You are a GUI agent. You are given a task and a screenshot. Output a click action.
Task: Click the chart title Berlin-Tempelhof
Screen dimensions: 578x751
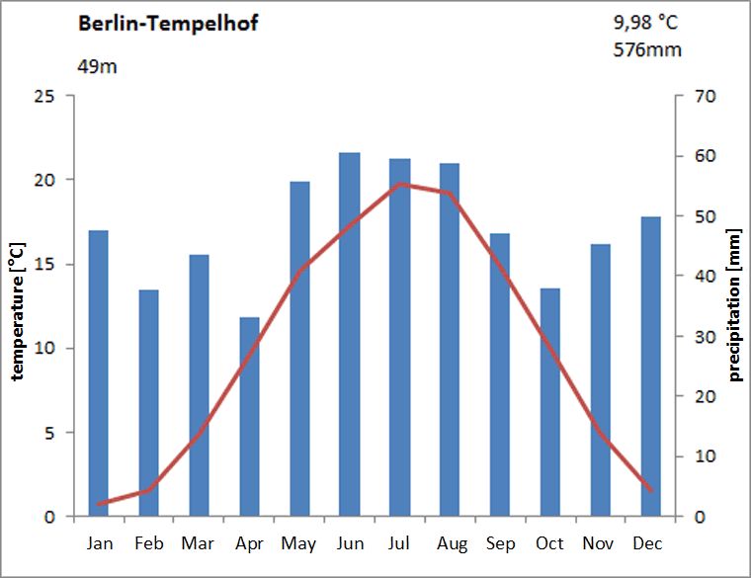point(168,24)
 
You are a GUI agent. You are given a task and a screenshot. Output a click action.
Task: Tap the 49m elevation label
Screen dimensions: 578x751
point(99,67)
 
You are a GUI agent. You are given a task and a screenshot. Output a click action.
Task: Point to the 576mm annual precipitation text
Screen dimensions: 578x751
point(647,49)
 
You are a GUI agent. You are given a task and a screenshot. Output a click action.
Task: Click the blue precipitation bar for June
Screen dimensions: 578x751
point(350,336)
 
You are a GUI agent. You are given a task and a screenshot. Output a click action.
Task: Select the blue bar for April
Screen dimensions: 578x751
point(249,417)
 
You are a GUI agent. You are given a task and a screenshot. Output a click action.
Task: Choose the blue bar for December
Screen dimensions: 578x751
point(651,367)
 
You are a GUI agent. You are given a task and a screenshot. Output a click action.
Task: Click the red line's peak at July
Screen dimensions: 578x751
point(399,184)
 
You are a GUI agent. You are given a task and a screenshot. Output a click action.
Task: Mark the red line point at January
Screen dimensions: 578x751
point(99,504)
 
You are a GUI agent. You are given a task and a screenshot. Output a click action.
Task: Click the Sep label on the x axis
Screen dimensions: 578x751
point(500,543)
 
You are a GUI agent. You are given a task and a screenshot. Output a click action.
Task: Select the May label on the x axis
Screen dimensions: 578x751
point(298,543)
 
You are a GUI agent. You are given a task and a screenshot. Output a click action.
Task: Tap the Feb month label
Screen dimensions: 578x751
point(149,543)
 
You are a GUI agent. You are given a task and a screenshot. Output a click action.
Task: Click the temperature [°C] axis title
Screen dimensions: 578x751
point(17,306)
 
